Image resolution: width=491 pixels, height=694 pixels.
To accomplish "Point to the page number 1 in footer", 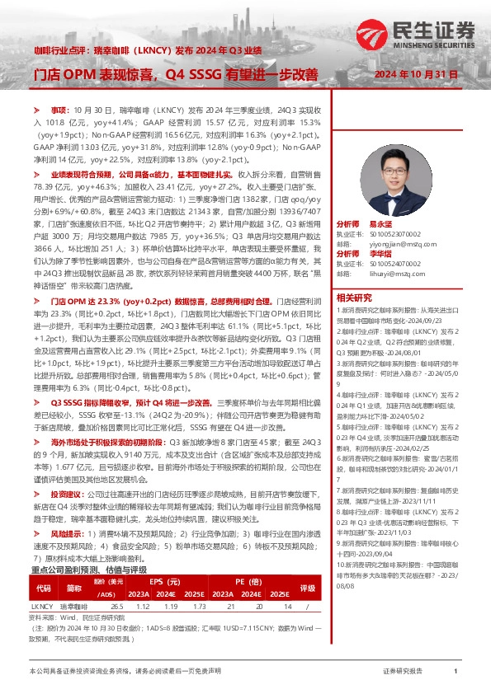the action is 456,673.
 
